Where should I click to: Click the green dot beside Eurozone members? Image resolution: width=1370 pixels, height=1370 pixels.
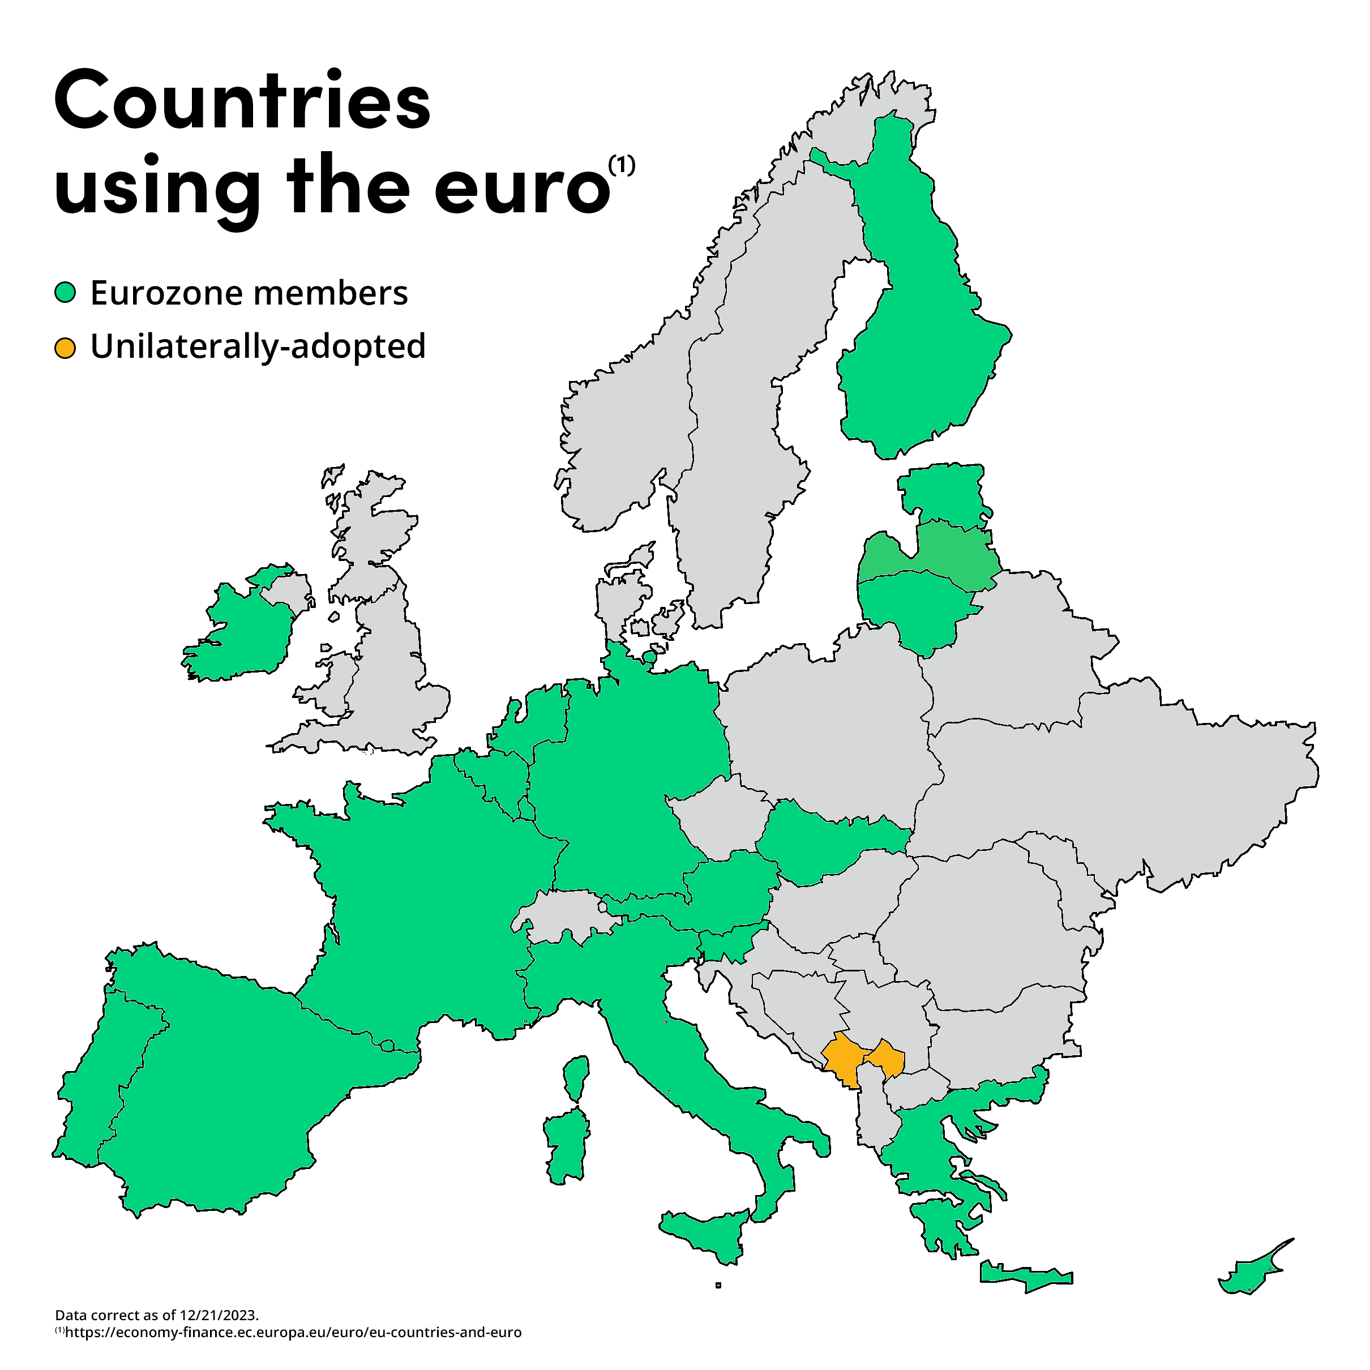pos(65,293)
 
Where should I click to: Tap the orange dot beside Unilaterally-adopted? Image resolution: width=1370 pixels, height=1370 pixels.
pos(65,348)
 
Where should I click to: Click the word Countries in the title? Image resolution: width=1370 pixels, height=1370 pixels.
pos(242,101)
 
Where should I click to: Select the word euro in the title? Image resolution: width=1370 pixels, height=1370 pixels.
pos(522,186)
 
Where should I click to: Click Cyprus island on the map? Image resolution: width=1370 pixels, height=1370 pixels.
pos(1249,1278)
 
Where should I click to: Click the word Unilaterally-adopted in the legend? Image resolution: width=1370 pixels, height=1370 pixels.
pos(258,347)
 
